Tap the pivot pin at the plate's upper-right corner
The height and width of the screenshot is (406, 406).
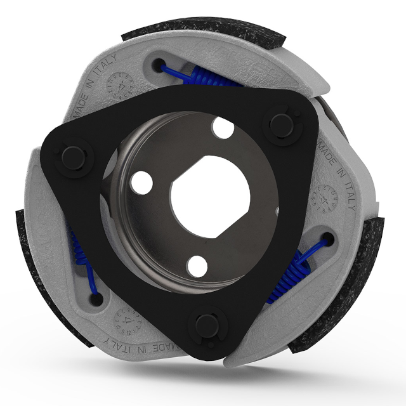tap(278, 122)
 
